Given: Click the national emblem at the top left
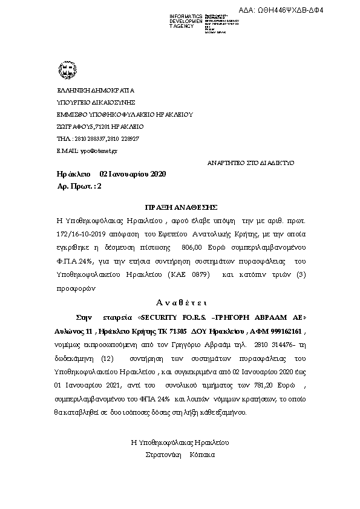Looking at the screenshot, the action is [65, 70].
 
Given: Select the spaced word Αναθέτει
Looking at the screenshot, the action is [182, 302].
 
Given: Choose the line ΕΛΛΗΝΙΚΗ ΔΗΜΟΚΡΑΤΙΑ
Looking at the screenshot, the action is [91, 90].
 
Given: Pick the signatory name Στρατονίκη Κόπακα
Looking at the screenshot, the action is [180, 454].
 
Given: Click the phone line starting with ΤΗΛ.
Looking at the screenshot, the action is [97, 138].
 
